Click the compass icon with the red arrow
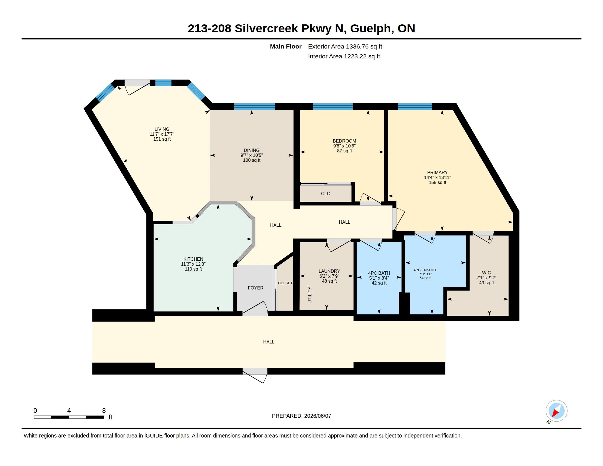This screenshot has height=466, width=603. [556, 411]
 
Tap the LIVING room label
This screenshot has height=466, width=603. [162, 129]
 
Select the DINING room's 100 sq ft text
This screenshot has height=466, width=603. [252, 160]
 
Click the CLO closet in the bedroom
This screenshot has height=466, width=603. [326, 194]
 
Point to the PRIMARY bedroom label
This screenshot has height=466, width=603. [437, 172]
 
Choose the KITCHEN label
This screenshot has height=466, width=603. [193, 259]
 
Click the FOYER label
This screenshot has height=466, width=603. [255, 288]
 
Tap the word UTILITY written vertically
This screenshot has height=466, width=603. [310, 295]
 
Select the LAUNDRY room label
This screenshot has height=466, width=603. [329, 271]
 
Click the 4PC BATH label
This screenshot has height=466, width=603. [379, 273]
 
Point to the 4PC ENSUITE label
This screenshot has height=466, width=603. [425, 270]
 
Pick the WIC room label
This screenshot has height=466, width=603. [486, 273]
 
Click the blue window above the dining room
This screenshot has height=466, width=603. [255, 107]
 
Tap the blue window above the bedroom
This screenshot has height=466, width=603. [332, 107]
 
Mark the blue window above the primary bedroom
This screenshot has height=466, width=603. [414, 107]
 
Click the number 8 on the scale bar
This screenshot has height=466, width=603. [104, 411]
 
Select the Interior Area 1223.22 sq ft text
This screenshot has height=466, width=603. [344, 56]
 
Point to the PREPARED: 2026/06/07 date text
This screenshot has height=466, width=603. [301, 416]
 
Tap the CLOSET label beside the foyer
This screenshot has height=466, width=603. [285, 283]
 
